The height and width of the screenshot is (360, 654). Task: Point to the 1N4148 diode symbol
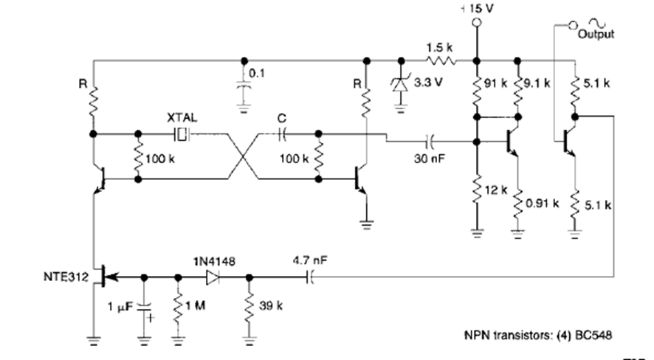click(x=213, y=277)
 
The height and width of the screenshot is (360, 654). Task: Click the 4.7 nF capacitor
click(x=309, y=277)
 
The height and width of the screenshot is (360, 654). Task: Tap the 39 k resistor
click(x=249, y=307)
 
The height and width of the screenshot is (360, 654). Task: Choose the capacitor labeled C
click(x=282, y=134)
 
